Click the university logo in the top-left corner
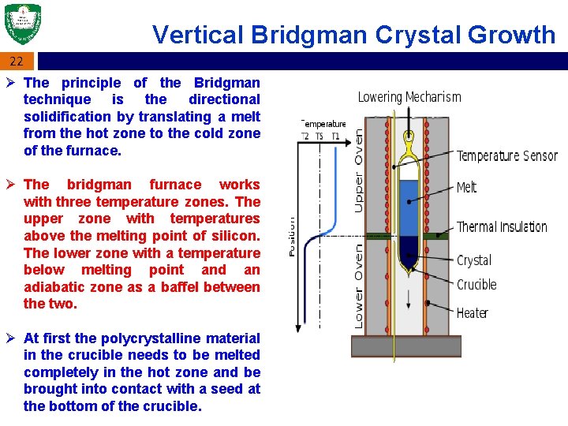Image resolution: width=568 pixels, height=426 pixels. [x=22, y=24]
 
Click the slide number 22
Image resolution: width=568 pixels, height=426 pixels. [x=17, y=62]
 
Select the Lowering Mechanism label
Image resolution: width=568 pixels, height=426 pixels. [x=409, y=97]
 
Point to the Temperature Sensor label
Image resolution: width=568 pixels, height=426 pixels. [x=506, y=155]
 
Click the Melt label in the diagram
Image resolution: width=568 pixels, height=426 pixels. [x=467, y=187]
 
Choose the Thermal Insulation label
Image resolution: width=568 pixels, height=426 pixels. [x=502, y=227]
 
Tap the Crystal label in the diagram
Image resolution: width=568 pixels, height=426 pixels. [x=473, y=260]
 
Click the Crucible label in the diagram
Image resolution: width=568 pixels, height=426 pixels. [x=476, y=285]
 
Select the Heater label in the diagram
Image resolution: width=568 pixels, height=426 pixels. [x=472, y=313]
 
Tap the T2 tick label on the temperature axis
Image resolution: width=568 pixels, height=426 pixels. [x=305, y=135]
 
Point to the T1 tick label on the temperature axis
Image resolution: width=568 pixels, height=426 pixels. [x=335, y=135]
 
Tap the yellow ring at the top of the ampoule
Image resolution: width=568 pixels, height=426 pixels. [x=408, y=142]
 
